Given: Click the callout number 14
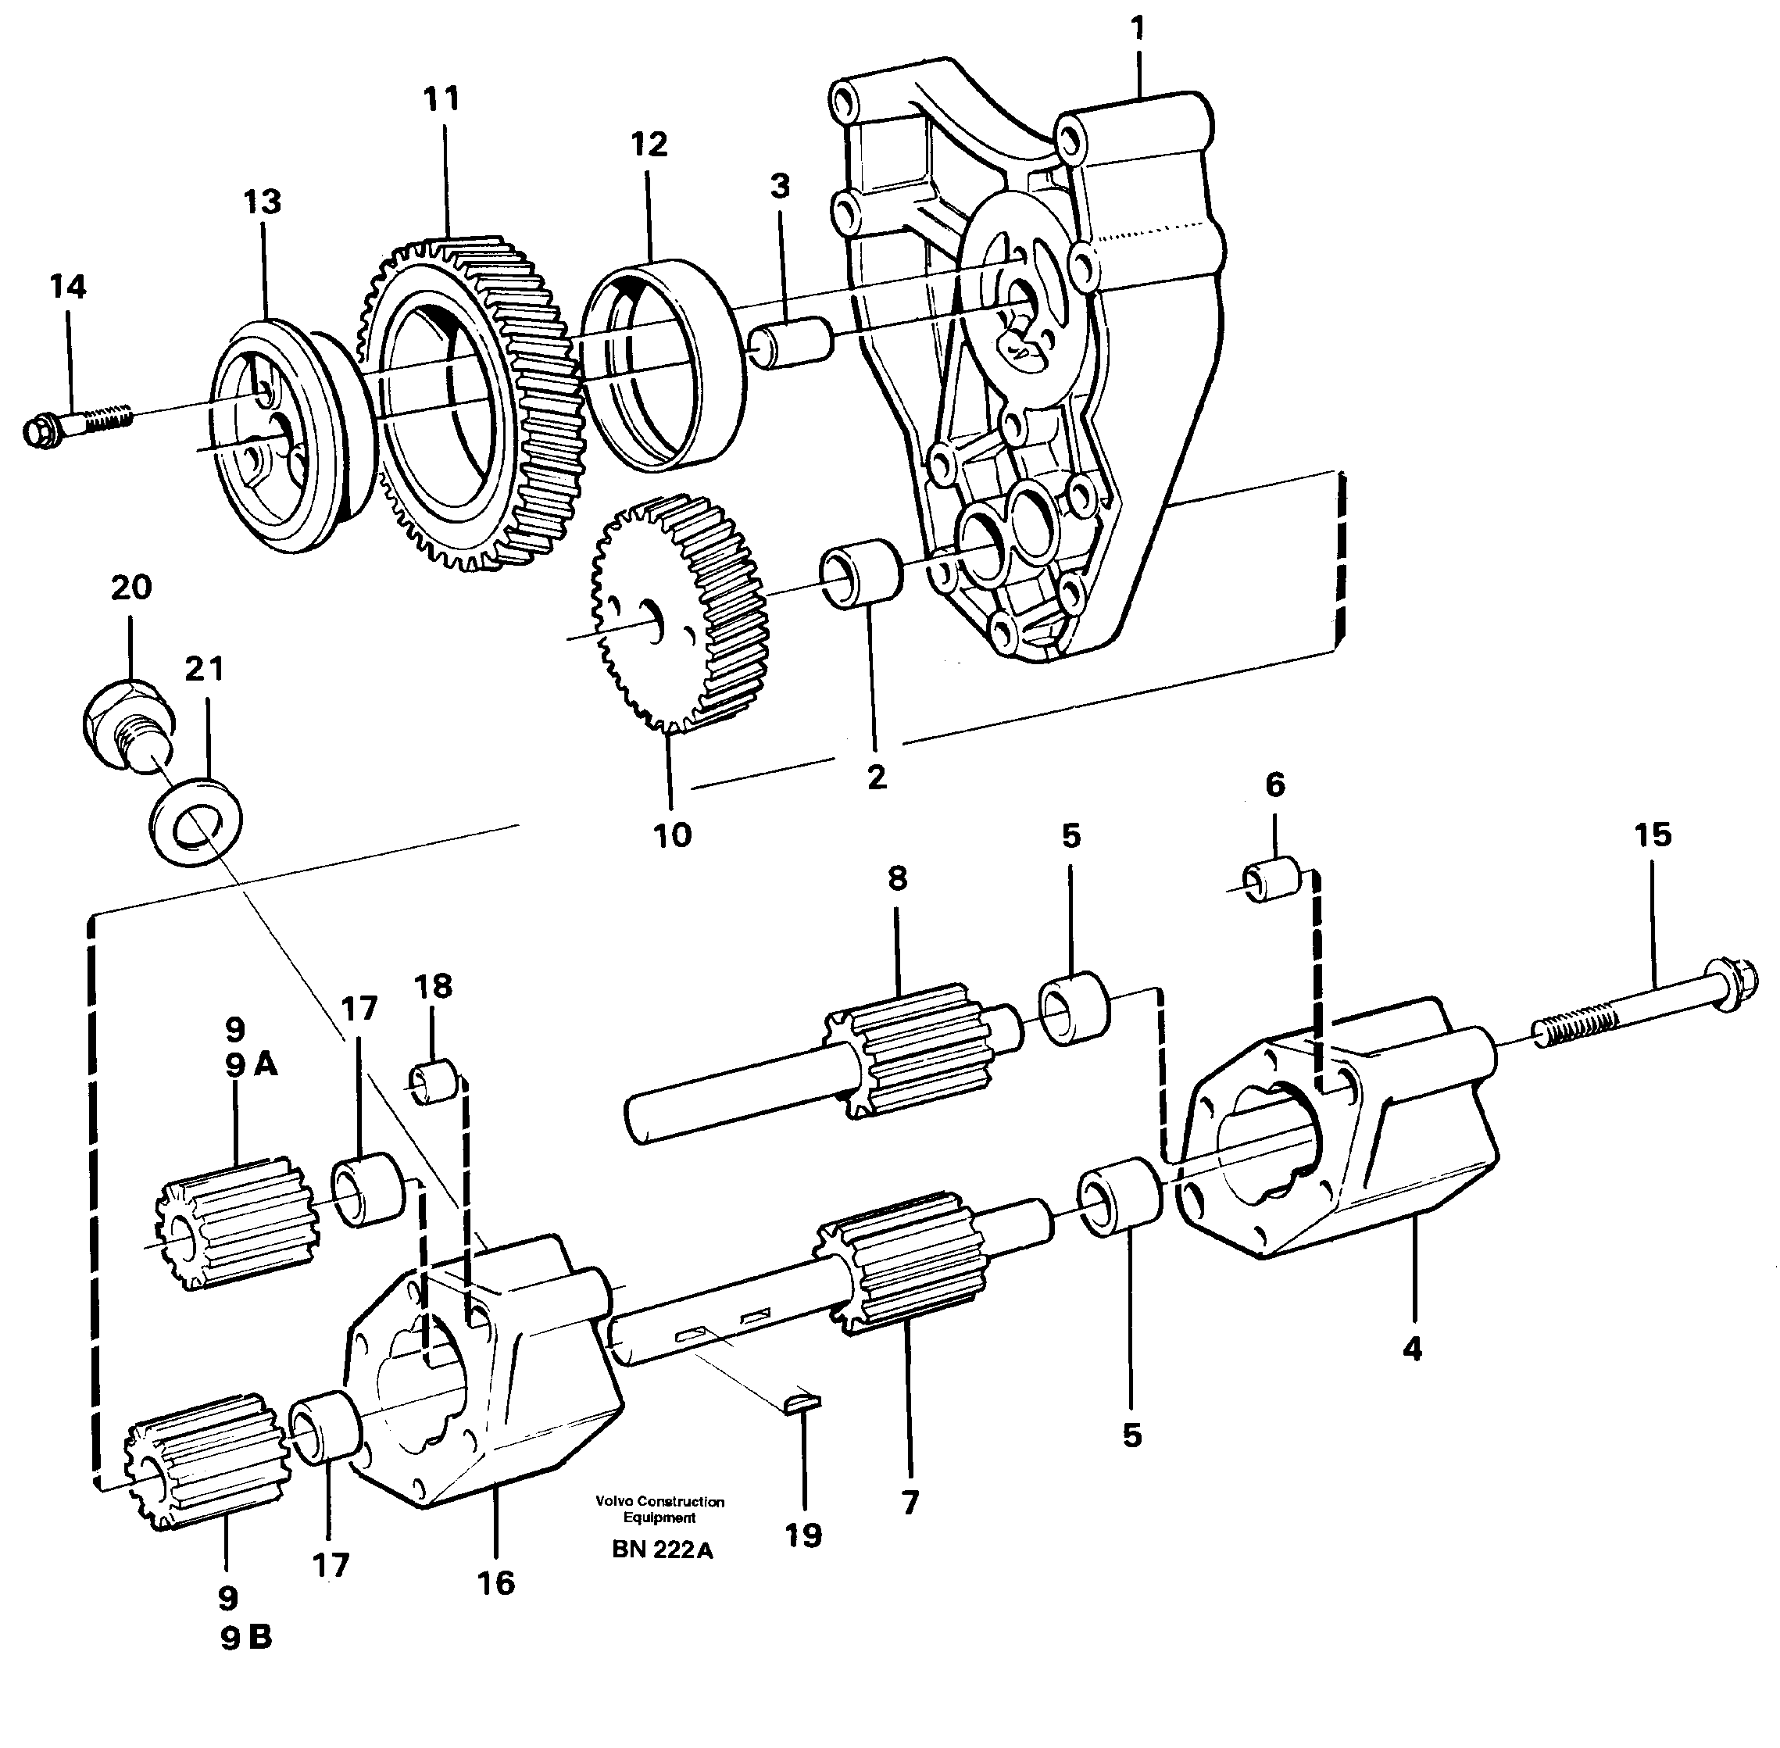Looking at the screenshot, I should tap(68, 287).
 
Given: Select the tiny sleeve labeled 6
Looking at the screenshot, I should tap(1272, 881).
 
